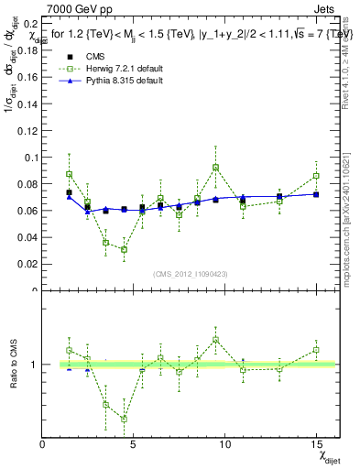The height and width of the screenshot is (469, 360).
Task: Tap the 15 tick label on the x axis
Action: tap(315, 445)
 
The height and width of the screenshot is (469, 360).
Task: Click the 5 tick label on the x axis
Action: tap(134, 445)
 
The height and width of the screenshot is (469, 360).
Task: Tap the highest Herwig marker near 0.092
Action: tap(215, 168)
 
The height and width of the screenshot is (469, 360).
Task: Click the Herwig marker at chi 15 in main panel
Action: tap(315, 176)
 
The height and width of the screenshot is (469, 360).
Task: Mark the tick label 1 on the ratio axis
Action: tap(34, 365)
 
